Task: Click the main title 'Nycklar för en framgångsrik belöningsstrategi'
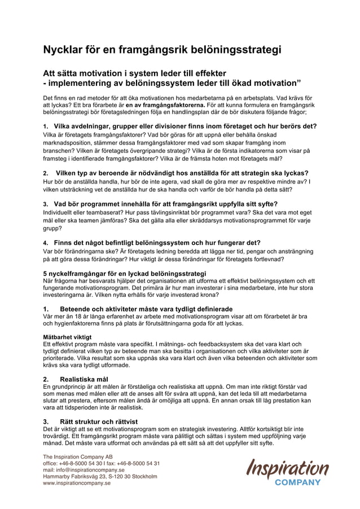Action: pos(162,50)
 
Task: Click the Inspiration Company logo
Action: pos(286,471)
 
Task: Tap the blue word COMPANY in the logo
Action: pos(301,482)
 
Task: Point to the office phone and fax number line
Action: pos(101,463)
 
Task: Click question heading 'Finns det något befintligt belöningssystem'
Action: pos(152,243)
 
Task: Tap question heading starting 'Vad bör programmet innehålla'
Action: pos(161,203)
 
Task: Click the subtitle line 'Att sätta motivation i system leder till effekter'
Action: pos(135,73)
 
